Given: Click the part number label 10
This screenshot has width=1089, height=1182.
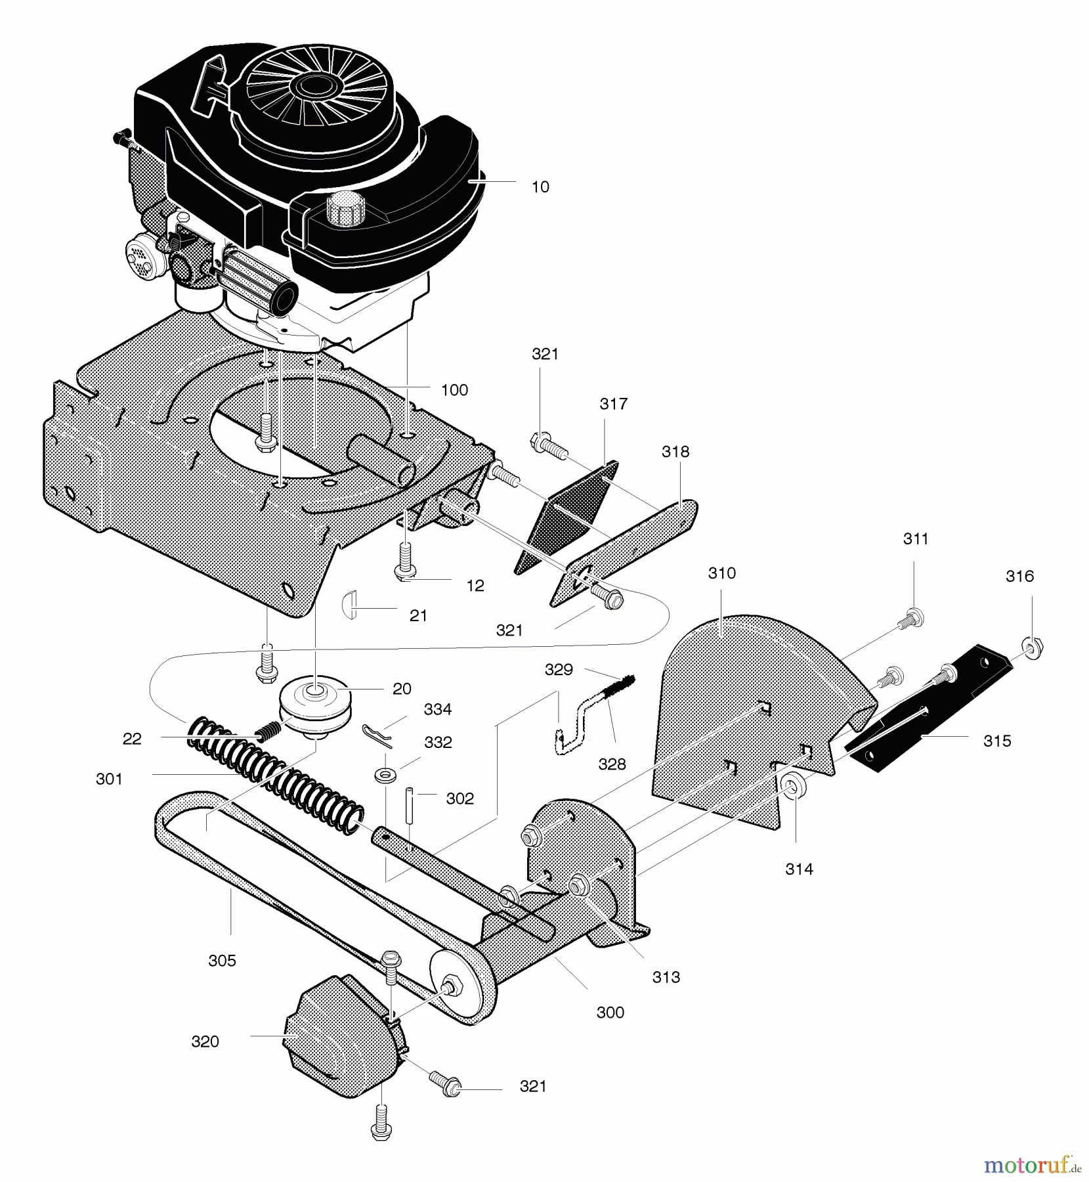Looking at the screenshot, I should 540,187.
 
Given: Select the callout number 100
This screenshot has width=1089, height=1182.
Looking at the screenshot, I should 454,390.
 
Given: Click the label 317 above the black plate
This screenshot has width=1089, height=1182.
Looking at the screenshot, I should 613,404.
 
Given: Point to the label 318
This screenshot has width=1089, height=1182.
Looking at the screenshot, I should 675,452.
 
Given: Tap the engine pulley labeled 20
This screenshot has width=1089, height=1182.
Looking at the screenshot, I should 315,703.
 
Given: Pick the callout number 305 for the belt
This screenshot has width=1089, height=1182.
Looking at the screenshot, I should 222,961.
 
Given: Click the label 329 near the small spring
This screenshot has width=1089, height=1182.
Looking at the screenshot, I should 559,670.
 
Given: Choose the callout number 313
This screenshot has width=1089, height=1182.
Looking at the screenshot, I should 666,977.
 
